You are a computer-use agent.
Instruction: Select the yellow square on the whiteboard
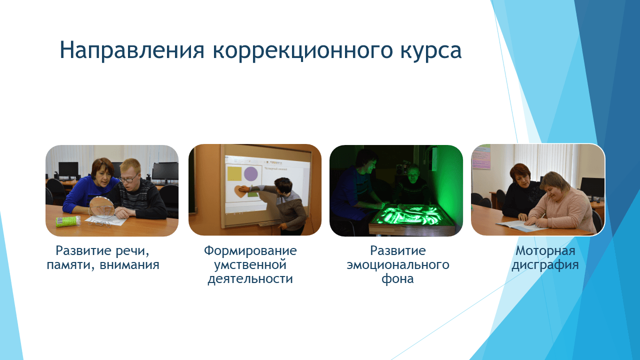point(234,173)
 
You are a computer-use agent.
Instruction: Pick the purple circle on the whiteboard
point(250,174)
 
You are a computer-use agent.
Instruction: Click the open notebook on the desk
point(520,226)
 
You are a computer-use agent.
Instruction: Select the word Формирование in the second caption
point(250,250)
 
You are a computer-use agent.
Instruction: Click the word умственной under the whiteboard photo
point(250,264)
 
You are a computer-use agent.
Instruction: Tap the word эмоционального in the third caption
point(398,264)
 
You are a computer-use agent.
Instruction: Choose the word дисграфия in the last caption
point(545,264)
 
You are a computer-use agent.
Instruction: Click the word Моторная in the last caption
point(545,250)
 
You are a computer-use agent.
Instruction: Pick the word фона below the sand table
point(398,278)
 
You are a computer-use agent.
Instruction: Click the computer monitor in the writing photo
point(592,187)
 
